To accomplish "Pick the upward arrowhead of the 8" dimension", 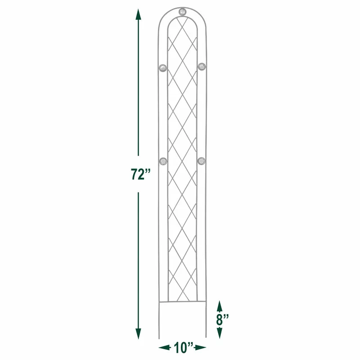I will click(x=219, y=306).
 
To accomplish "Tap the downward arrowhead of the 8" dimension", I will click(x=219, y=333).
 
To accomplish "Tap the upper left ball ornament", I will click(x=162, y=67).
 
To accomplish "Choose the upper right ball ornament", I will click(x=202, y=67).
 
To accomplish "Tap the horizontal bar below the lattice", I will click(x=182, y=302).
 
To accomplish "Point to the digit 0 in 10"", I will click(x=184, y=347).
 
